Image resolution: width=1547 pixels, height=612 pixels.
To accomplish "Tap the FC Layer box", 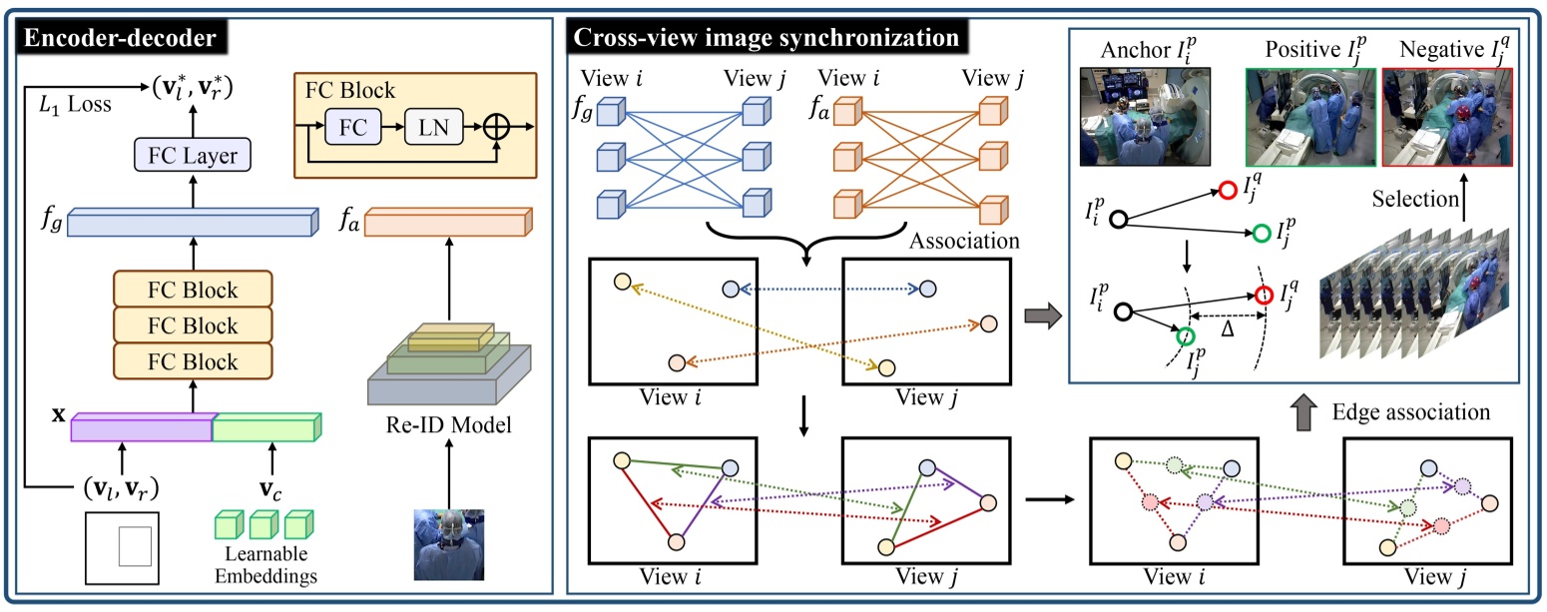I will tap(192, 156).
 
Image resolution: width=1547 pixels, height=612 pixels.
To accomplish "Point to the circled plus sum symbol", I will tap(495, 130).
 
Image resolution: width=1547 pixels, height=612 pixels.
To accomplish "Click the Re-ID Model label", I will tap(448, 426).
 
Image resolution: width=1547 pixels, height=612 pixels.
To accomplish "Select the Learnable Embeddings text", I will tap(264, 565).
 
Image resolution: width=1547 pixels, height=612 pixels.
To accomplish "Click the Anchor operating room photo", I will tap(1145, 116).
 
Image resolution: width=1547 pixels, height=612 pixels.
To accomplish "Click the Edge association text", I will tap(1411, 410).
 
